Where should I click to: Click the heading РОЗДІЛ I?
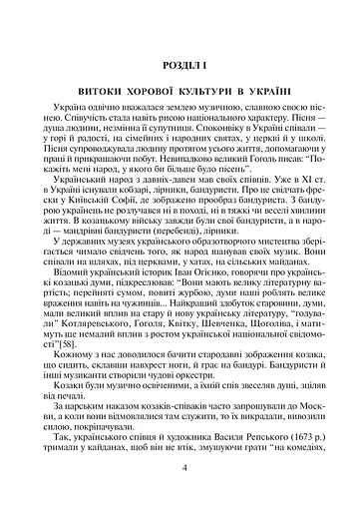[180, 66]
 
